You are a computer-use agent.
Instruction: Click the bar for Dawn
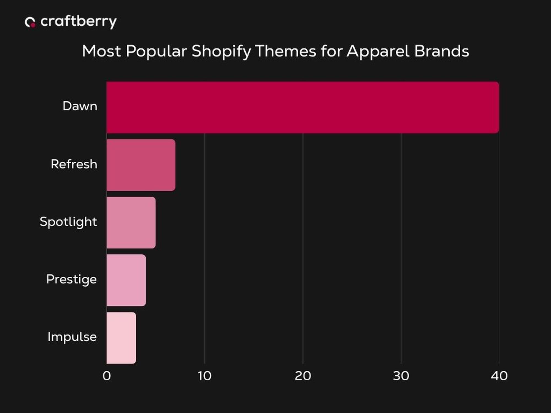pos(302,107)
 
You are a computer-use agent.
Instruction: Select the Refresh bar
pos(141,165)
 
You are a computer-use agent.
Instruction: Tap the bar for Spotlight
pos(131,222)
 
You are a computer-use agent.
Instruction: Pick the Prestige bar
pos(126,280)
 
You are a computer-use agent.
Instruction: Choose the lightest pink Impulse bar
pos(121,338)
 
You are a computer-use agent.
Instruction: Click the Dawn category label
pos(80,106)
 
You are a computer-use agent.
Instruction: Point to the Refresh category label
pos(74,164)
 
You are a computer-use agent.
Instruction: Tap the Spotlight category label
pos(68,222)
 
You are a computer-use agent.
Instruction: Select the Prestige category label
pos(71,279)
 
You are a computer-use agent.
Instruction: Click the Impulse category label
pos(72,337)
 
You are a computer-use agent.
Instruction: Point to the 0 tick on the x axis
pos(107,376)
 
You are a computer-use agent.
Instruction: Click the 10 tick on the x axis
pos(205,376)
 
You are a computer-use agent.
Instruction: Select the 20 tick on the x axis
pos(303,376)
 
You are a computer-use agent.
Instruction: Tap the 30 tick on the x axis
pos(401,376)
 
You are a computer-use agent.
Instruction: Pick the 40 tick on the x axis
pos(499,376)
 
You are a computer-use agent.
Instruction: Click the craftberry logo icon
pos(30,22)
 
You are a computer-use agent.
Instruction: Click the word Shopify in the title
pos(221,51)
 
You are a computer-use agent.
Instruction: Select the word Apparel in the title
pos(378,51)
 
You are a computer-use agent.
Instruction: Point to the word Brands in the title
pos(441,51)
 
